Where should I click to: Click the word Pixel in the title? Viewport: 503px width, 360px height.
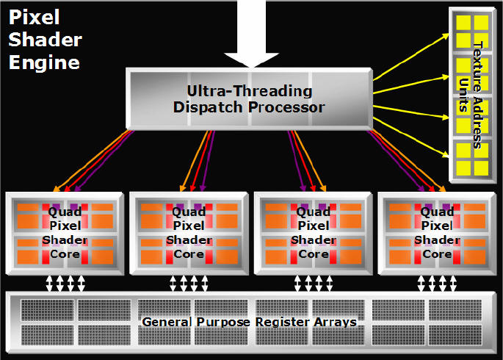pyautogui.click(x=34, y=17)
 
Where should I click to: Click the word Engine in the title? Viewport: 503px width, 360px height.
pyautogui.click(x=44, y=62)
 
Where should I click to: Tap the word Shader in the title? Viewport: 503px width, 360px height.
pyautogui.click(x=46, y=40)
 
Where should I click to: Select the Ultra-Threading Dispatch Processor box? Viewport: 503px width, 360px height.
pyautogui.click(x=250, y=99)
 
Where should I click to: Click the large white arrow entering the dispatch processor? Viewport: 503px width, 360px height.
pyautogui.click(x=251, y=33)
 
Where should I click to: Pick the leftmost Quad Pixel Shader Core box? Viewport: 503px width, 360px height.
pyautogui.click(x=65, y=233)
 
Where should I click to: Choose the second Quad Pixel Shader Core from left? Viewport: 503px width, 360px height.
pyautogui.click(x=189, y=233)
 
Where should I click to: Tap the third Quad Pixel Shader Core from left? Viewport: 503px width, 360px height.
pyautogui.click(x=313, y=233)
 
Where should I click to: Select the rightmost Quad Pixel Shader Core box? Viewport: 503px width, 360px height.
pyautogui.click(x=437, y=233)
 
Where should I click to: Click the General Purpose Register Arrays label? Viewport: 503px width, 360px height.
pyautogui.click(x=249, y=322)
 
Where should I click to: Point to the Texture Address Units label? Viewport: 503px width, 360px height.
pyautogui.click(x=471, y=95)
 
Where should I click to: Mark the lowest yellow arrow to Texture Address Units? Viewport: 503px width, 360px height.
pyautogui.click(x=411, y=137)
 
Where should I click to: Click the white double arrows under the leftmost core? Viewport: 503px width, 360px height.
pyautogui.click(x=65, y=284)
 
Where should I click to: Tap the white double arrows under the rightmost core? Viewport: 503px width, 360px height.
pyautogui.click(x=437, y=284)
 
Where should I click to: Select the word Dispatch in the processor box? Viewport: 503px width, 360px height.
pyautogui.click(x=208, y=107)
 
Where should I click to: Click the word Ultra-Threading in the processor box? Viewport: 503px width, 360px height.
pyautogui.click(x=250, y=91)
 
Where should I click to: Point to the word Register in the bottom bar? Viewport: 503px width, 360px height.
pyautogui.click(x=283, y=322)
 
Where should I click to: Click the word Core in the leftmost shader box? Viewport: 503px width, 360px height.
pyautogui.click(x=65, y=254)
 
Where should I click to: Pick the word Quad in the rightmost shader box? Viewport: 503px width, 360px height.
pyautogui.click(x=437, y=212)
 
